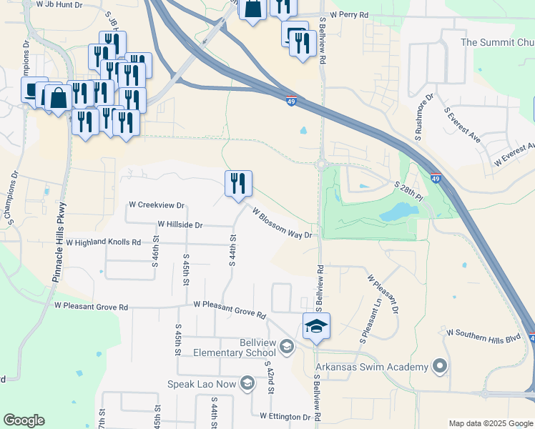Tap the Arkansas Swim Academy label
372,367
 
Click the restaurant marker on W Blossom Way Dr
238,184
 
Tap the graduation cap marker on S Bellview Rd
316,327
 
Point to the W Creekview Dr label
156,204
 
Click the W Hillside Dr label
180,224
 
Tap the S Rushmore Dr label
422,115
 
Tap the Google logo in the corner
24,420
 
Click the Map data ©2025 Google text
491,423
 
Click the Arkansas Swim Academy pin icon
439,367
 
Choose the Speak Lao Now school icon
247,384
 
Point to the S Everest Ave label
463,126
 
